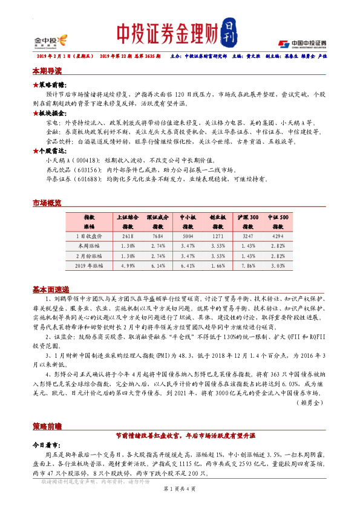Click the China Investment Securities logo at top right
coord(302,43)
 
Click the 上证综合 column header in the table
coord(127,216)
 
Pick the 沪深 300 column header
coord(247,216)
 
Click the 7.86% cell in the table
coord(247,265)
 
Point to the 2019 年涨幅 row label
coord(89,265)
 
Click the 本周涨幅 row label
coord(89,246)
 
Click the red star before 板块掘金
coord(35,113)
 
